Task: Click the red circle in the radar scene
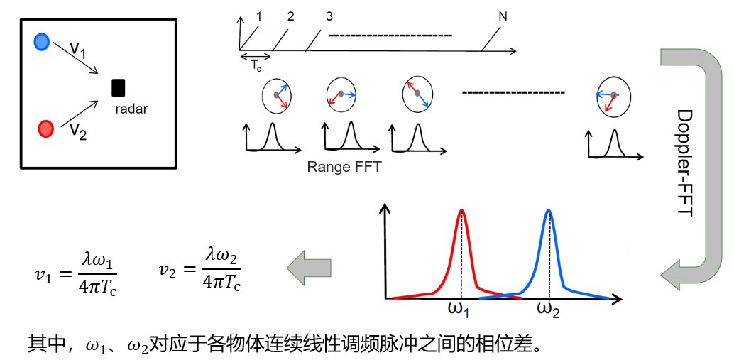tap(45, 129)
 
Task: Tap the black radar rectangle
tap(119, 87)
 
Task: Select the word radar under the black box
tap(131, 109)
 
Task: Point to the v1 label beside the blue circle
tap(80, 50)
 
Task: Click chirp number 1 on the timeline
tap(260, 16)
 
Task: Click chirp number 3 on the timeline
tap(329, 16)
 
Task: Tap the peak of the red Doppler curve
tap(462, 210)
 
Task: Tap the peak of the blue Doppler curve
tap(549, 210)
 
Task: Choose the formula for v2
tap(200, 273)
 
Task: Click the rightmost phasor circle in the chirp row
tap(610, 96)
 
